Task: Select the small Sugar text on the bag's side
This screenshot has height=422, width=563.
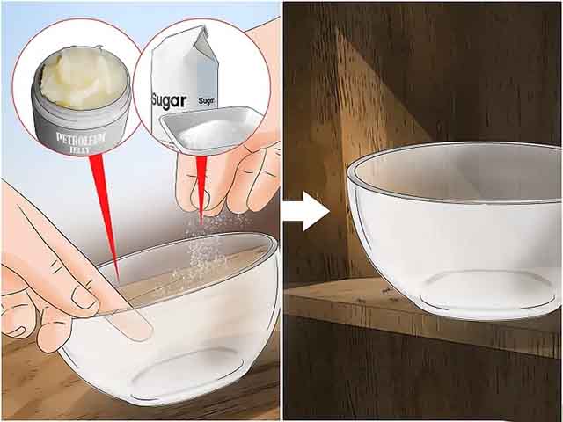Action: coord(207,101)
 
